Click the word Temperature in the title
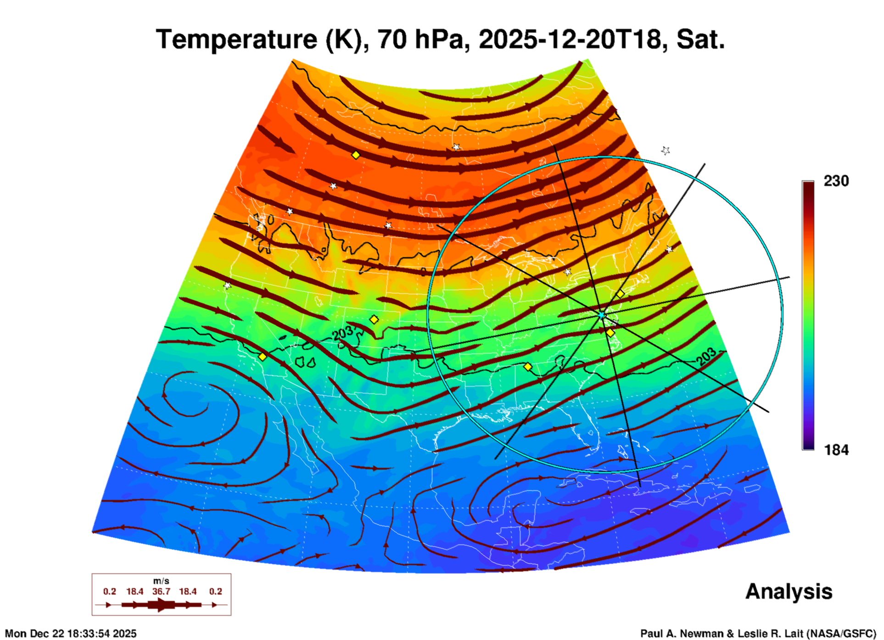(x=236, y=39)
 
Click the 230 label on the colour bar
(x=836, y=181)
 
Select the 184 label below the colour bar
(x=836, y=450)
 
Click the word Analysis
(x=789, y=591)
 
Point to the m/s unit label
(x=161, y=581)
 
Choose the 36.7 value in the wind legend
(x=161, y=591)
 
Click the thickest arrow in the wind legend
(x=160, y=605)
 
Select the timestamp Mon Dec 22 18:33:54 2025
(x=71, y=634)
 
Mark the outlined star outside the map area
(x=666, y=151)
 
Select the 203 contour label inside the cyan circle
(x=706, y=357)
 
